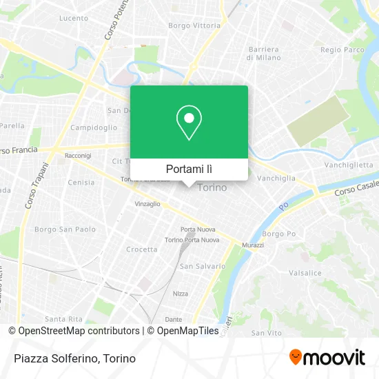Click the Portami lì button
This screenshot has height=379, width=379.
[189, 169]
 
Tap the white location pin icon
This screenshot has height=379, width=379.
[189, 123]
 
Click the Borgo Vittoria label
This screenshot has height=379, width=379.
[194, 25]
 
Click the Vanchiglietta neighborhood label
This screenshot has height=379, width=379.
[349, 165]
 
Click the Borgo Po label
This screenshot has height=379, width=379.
[278, 234]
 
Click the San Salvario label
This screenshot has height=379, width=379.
[202, 265]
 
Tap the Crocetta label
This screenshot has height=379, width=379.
[141, 249]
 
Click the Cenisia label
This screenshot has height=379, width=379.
[81, 183]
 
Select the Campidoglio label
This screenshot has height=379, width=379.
[94, 128]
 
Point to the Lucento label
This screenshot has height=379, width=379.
[73, 19]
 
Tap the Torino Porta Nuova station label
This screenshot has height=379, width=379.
[192, 240]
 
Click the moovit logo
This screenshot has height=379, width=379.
[327, 357]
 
